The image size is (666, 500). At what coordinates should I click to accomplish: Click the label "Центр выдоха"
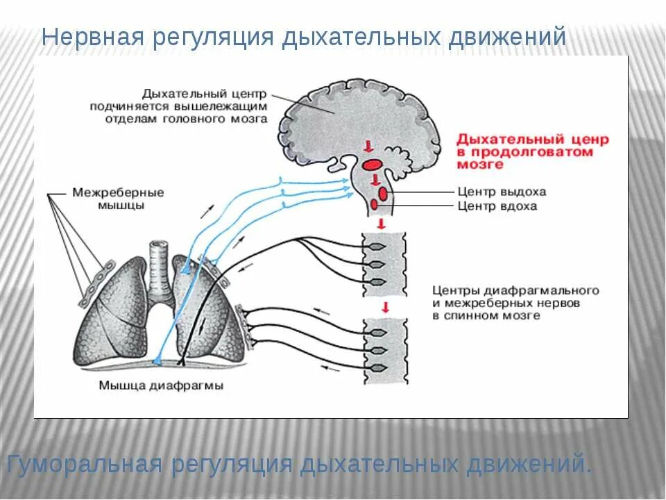(502, 192)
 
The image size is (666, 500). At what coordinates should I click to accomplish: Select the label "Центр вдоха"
(497, 206)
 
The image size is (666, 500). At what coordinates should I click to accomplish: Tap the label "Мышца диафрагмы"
(161, 386)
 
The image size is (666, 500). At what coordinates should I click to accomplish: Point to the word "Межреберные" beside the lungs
(118, 192)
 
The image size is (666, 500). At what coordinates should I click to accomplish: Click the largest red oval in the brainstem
(372, 165)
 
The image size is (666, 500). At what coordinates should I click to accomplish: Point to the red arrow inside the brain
(368, 145)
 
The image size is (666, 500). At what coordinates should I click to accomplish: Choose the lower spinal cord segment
(384, 350)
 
